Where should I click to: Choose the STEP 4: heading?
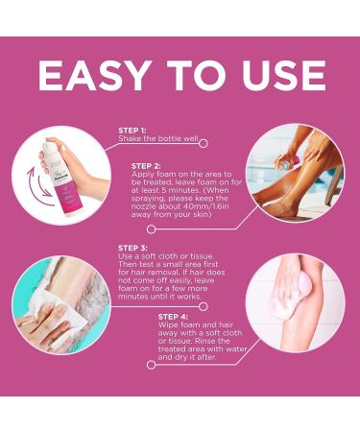tap(173, 316)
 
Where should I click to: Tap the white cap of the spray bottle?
tap(53, 140)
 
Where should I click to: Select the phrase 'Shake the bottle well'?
tap(158, 138)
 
